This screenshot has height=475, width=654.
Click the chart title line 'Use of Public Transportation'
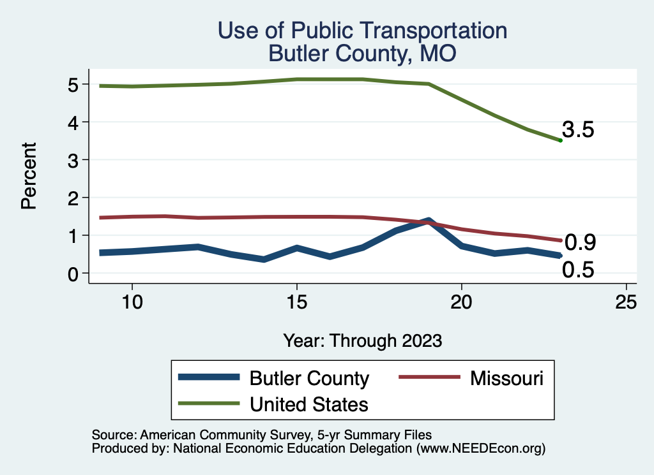(x=362, y=30)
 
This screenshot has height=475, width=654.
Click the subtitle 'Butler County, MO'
(x=362, y=53)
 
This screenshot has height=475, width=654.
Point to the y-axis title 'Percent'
(x=28, y=177)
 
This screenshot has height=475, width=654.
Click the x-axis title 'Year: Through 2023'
(x=362, y=340)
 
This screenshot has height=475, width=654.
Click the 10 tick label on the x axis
(x=132, y=302)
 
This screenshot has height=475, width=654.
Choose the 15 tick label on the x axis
(x=296, y=302)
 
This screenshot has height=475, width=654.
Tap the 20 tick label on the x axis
(x=461, y=302)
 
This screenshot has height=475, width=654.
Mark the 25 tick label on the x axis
(x=626, y=302)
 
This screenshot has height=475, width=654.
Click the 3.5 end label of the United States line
(x=579, y=130)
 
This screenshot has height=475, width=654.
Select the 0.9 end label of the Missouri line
(x=581, y=242)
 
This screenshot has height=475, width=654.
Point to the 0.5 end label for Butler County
(x=578, y=270)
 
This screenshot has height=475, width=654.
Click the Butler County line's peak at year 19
(x=428, y=221)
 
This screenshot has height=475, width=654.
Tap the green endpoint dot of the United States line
(x=560, y=140)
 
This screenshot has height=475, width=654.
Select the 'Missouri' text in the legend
(x=507, y=378)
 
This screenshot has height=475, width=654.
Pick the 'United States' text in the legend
(x=309, y=404)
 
